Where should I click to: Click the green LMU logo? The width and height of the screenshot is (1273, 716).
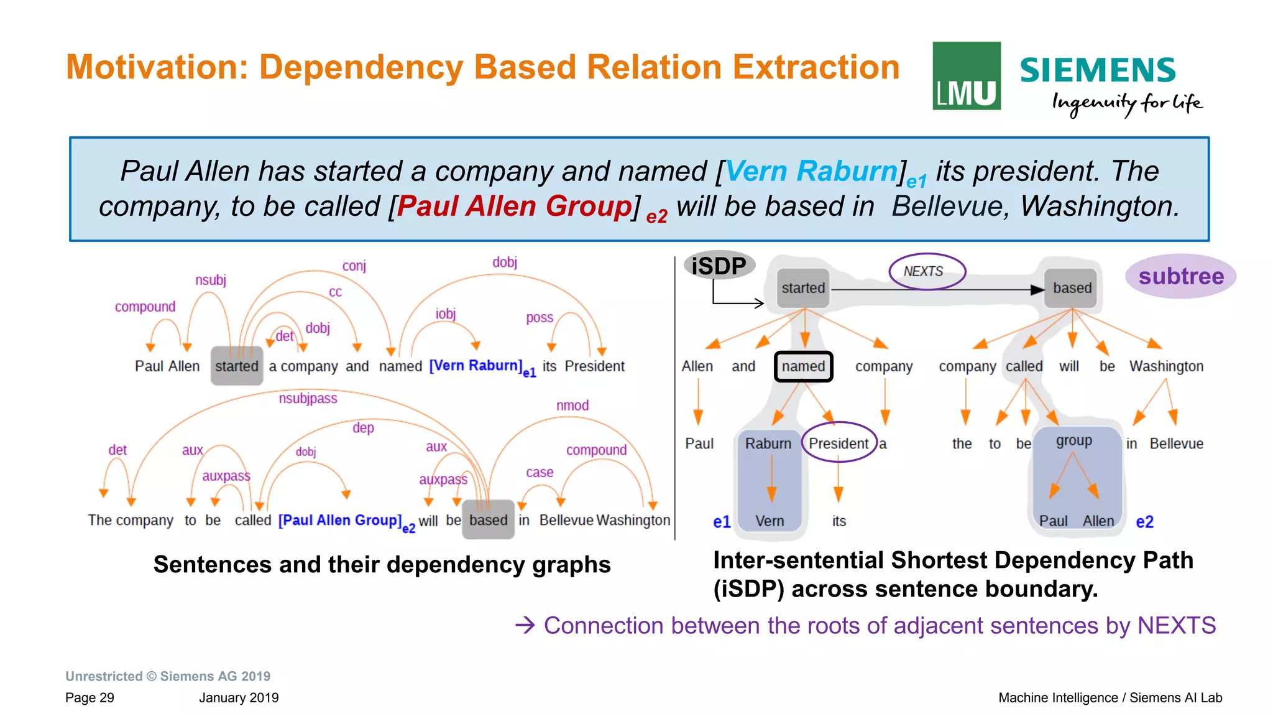click(966, 76)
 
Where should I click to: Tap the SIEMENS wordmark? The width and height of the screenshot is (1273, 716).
click(1098, 70)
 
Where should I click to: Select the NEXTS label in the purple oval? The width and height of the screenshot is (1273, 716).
click(924, 271)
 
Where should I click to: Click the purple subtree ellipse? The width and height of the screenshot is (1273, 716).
click(1180, 276)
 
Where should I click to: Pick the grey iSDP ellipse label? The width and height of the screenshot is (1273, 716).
click(719, 266)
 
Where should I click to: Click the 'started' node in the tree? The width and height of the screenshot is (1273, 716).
click(803, 288)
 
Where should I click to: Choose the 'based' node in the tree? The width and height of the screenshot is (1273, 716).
click(1072, 288)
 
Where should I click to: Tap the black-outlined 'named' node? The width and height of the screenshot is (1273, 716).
click(803, 366)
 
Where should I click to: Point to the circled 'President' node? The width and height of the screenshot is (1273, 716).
click(839, 444)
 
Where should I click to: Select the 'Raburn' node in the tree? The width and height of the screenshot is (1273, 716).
click(768, 444)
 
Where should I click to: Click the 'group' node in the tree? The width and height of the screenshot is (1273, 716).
click(1073, 441)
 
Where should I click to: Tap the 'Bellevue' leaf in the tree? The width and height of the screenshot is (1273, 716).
click(1176, 444)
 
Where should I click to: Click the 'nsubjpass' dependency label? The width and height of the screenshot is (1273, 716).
click(308, 399)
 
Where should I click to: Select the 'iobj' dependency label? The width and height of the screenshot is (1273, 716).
click(446, 314)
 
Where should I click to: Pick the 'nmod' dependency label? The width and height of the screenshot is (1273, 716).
click(572, 406)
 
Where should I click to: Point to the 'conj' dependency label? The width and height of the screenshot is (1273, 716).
click(354, 266)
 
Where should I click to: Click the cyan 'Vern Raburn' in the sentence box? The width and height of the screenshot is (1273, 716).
click(811, 171)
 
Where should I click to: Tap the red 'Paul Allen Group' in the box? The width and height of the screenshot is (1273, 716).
click(514, 207)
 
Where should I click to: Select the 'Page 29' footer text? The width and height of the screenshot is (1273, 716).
click(90, 698)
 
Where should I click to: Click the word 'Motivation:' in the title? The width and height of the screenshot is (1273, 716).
click(157, 67)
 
